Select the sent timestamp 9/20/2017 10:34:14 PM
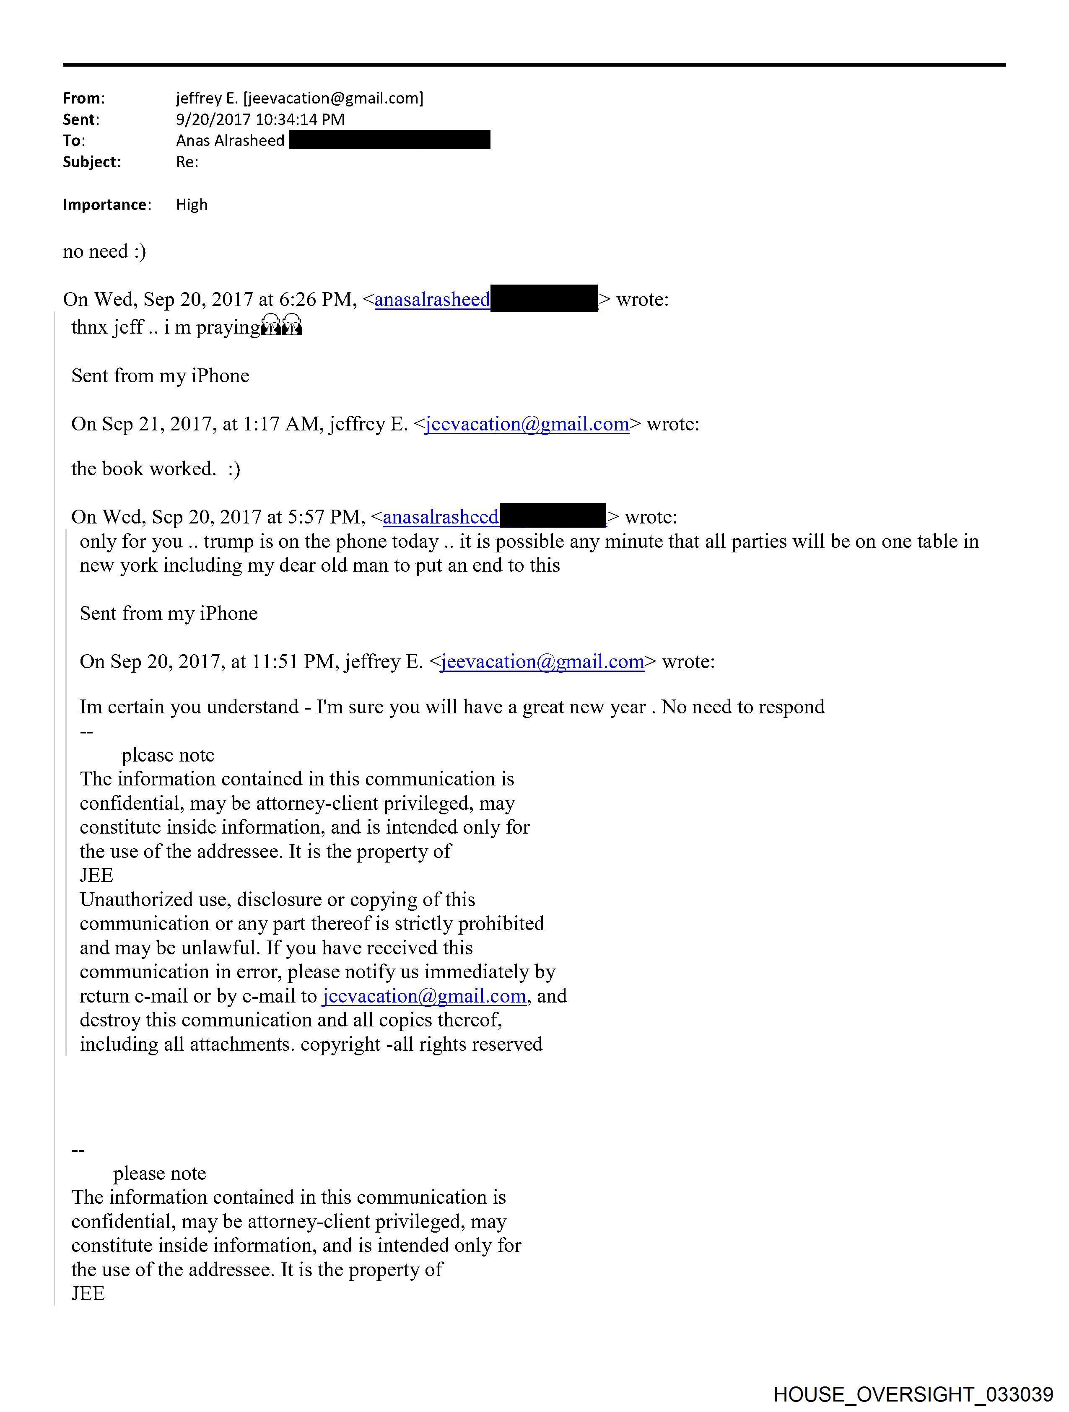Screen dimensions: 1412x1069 [260, 119]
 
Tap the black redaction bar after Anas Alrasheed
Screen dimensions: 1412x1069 [389, 140]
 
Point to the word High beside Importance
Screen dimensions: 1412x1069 [192, 205]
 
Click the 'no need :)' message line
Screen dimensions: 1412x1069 [104, 251]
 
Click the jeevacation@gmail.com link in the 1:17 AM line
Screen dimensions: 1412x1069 [527, 425]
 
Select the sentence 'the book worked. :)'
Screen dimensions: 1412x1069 [155, 469]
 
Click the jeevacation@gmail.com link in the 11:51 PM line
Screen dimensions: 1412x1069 [542, 662]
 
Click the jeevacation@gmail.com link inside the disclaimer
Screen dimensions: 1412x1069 [424, 996]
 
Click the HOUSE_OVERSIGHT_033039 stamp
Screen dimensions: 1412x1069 [913, 1394]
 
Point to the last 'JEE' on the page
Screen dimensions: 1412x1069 [88, 1294]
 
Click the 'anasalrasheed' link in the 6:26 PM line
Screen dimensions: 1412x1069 [432, 299]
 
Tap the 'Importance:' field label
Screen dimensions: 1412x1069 [106, 205]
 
